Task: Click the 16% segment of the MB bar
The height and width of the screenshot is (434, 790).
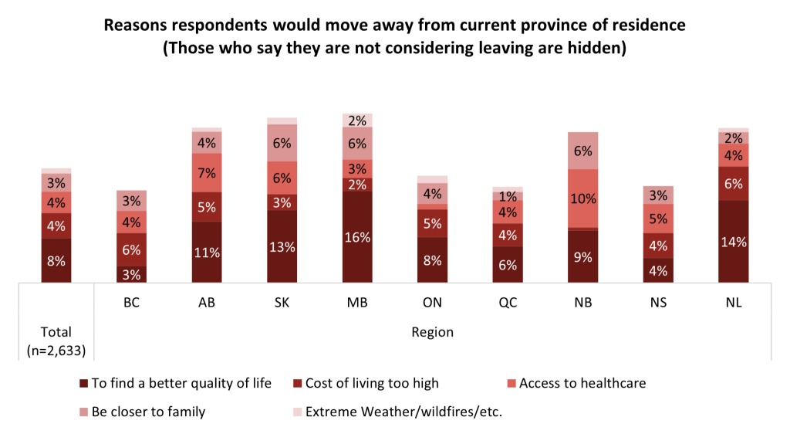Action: point(357,237)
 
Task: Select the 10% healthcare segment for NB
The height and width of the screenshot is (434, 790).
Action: point(583,198)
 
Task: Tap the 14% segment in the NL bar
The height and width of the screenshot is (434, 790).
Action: point(734,242)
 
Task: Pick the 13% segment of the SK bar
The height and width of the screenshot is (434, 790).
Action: point(282,246)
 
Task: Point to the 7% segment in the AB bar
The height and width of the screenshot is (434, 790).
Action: point(207,173)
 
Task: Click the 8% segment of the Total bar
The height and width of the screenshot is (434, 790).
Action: point(56,260)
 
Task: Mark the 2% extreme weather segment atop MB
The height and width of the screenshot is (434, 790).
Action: point(357,120)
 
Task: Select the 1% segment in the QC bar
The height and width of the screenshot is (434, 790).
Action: point(508,195)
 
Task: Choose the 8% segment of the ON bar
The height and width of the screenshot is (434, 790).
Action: point(433,260)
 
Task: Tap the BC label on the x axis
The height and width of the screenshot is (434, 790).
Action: point(131,303)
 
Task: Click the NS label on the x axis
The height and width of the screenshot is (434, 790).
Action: point(658,303)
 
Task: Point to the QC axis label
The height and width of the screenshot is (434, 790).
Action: point(508,303)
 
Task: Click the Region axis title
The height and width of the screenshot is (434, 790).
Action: point(432,333)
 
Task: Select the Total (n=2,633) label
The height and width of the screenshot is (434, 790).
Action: point(56,341)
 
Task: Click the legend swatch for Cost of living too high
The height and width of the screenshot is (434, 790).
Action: point(298,383)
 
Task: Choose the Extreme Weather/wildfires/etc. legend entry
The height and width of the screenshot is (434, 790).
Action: point(404,412)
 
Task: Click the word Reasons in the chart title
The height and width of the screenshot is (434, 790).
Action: point(133,25)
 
